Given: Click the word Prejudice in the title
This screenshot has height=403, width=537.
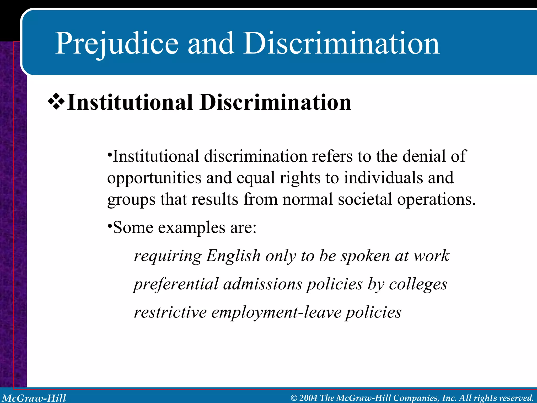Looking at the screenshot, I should coord(117,43).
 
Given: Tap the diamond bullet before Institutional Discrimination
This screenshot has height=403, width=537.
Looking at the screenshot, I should coord(56,102).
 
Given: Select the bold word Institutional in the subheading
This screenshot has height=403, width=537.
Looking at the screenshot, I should coord(130,102).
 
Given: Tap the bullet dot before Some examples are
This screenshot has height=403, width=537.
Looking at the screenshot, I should coord(110,225).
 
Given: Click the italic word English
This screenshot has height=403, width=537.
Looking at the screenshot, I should coord(233,256).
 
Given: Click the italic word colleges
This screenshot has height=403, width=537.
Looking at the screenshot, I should coord(418,285).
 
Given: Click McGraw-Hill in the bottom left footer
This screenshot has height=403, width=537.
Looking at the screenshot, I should coord(34,398).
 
